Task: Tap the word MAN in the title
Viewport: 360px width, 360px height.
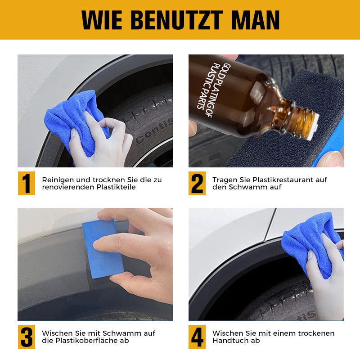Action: (255, 20)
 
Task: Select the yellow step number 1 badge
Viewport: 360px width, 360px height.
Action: (27, 183)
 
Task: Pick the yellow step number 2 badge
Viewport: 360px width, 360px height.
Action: (197, 183)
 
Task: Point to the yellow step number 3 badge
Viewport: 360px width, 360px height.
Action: (27, 337)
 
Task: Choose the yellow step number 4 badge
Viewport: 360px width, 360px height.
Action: (197, 337)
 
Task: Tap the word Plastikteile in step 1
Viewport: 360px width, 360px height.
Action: (116, 187)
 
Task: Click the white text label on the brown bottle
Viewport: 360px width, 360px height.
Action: (214, 89)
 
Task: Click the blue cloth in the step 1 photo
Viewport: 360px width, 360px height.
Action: (76, 122)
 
